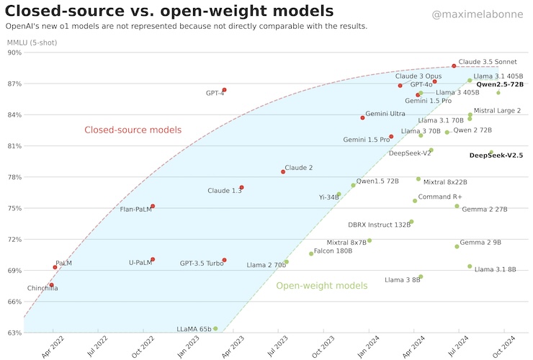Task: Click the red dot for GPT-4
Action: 224,90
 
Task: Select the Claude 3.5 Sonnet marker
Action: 454,66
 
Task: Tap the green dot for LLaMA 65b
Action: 215,328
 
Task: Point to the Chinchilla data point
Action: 52,285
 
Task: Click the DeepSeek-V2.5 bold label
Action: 496,155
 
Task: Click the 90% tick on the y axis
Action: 14,53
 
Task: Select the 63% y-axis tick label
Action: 14,333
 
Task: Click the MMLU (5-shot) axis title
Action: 32,42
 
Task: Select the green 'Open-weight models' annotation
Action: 322,286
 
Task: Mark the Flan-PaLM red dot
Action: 153,207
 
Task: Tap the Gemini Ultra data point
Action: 362,117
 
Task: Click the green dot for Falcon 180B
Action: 311,253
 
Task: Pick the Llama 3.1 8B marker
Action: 470,266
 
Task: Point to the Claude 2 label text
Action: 299,168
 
